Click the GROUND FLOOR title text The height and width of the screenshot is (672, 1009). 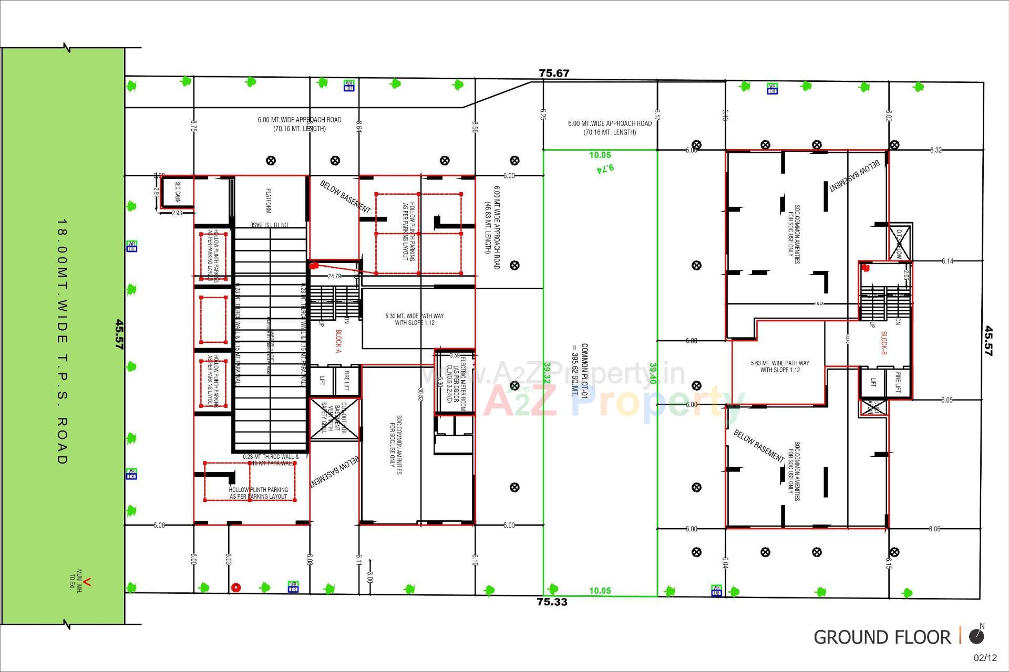tap(882, 637)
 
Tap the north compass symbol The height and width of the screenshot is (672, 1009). tap(976, 636)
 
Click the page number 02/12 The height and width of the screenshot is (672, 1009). tap(985, 658)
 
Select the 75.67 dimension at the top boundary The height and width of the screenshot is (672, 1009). tap(554, 73)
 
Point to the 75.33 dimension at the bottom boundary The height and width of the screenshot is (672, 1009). tap(552, 602)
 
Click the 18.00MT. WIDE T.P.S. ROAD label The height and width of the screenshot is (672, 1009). tap(62, 341)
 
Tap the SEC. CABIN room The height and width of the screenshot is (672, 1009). tap(177, 192)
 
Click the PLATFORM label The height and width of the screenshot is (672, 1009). tap(268, 201)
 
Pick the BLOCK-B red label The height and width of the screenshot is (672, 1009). tap(883, 343)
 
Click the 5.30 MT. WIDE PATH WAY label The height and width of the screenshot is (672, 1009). tap(414, 319)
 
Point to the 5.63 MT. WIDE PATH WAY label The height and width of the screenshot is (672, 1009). tap(779, 366)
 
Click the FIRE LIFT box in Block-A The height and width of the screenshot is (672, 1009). tap(346, 381)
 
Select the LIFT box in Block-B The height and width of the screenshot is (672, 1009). tap(873, 382)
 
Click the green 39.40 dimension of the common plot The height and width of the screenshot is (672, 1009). tap(653, 373)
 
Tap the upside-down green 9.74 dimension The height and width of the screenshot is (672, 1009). tap(605, 169)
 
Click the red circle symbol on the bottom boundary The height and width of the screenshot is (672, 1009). tap(236, 587)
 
